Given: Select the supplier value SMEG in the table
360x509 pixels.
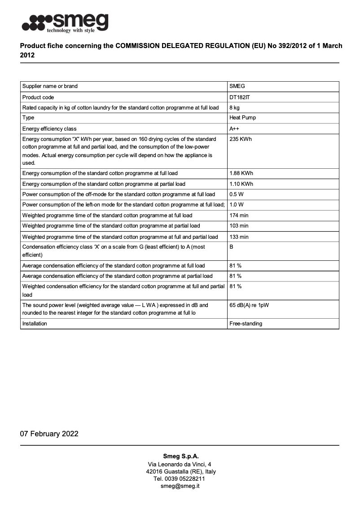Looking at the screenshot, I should click(x=237, y=86).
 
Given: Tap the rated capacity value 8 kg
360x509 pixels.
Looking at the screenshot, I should click(x=234, y=108).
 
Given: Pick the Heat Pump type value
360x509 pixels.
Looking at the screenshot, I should click(x=243, y=118).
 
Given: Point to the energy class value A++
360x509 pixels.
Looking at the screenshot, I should click(x=234, y=129).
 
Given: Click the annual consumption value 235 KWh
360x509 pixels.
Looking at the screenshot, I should click(x=241, y=139).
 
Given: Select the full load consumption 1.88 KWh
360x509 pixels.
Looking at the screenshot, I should click(x=241, y=173).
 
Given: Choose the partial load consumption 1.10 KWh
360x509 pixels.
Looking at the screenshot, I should click(x=241, y=184).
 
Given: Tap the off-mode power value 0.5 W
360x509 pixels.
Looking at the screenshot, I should click(x=236, y=194).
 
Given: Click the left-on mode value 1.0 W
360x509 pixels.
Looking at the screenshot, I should click(x=236, y=205).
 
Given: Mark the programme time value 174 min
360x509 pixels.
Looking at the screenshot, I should click(x=239, y=215).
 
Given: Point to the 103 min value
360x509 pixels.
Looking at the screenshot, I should click(x=239, y=226).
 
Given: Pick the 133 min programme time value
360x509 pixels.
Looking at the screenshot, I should click(x=239, y=237).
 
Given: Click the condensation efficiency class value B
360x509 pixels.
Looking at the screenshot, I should click(x=231, y=247).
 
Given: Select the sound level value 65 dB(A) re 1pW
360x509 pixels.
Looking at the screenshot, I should click(x=249, y=305).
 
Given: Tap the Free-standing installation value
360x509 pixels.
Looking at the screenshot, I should click(x=246, y=324).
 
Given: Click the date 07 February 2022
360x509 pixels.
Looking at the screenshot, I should click(x=49, y=434).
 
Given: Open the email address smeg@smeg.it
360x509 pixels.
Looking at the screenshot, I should click(x=180, y=486).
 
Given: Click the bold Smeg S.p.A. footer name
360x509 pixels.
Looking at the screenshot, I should click(x=180, y=456).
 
